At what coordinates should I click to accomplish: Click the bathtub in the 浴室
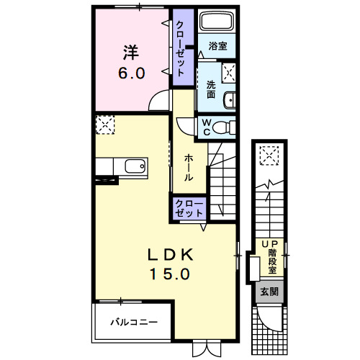point(217,22)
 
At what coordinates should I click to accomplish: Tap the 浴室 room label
point(217,46)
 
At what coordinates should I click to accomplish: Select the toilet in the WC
point(224,127)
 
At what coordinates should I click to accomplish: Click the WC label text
point(206,127)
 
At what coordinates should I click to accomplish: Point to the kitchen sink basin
point(135,166)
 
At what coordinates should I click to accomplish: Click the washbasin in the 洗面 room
point(230,99)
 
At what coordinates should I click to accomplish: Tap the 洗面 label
point(211,89)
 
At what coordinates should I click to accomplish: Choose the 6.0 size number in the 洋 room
point(132,73)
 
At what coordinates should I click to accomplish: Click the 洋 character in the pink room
point(131,52)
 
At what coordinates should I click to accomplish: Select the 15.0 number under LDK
point(170,274)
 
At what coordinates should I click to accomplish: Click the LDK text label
point(170,255)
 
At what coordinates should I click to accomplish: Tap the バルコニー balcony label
point(134,322)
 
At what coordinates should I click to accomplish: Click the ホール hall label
point(189,168)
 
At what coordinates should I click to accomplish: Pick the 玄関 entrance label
point(269,292)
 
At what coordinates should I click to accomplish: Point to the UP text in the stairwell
point(269,244)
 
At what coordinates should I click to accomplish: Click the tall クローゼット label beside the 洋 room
point(180,49)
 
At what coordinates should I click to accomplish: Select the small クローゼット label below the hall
point(189,208)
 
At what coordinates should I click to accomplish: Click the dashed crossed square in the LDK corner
point(105,125)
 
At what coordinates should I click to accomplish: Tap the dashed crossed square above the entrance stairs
point(269,156)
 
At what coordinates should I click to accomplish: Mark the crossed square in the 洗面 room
point(228,73)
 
